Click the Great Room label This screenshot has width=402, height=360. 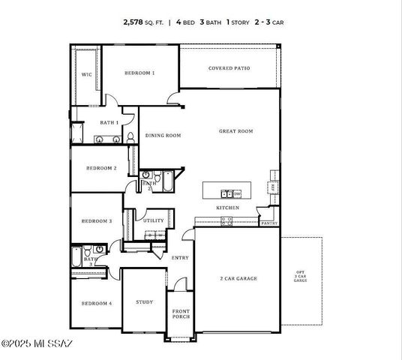[x=235, y=131]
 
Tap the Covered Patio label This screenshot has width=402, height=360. [x=229, y=68]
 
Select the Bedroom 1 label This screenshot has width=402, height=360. [x=139, y=73]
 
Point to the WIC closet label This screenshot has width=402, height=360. [x=86, y=74]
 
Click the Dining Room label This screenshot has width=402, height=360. [x=163, y=136]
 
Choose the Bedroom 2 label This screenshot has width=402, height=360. [x=100, y=169]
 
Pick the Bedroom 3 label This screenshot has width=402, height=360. [x=97, y=221]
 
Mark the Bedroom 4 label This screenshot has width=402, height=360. [x=97, y=303]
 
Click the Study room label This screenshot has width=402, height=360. [x=144, y=302]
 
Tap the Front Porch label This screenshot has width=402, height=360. [x=181, y=314]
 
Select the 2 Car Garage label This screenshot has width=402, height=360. [x=238, y=278]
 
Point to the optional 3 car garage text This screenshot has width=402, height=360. [x=300, y=275]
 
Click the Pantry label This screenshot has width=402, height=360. [x=269, y=223]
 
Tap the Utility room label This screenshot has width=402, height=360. [x=154, y=220]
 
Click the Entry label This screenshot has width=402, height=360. [x=180, y=258]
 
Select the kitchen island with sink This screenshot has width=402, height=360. [x=231, y=193]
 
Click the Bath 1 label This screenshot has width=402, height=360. [x=109, y=122]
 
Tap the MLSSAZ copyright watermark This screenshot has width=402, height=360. [x=37, y=343]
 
